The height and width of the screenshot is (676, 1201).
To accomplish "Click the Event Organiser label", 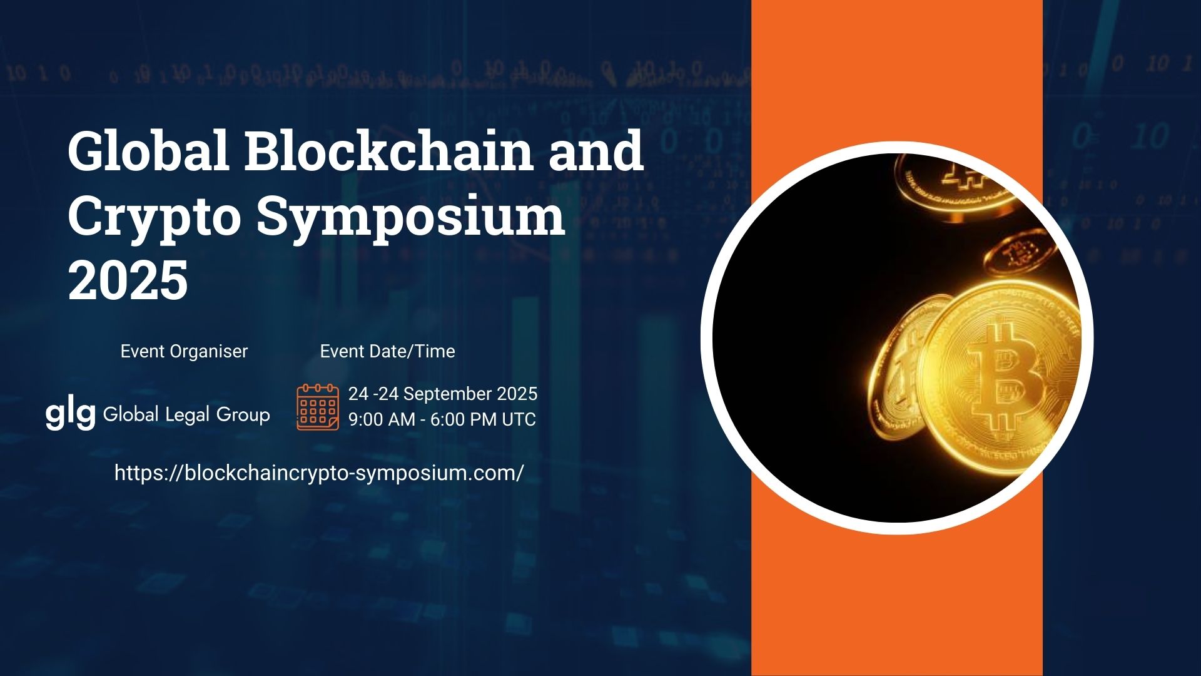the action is click(184, 351).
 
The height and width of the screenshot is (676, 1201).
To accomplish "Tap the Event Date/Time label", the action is click(388, 351).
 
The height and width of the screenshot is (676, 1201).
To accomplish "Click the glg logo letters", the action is click(70, 415).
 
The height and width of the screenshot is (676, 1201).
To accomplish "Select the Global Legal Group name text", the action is click(186, 414).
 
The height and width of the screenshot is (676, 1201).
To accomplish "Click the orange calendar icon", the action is click(318, 407).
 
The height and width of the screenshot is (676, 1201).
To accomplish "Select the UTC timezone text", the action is click(519, 419).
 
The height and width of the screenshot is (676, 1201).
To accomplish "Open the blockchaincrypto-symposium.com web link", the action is click(319, 473).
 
